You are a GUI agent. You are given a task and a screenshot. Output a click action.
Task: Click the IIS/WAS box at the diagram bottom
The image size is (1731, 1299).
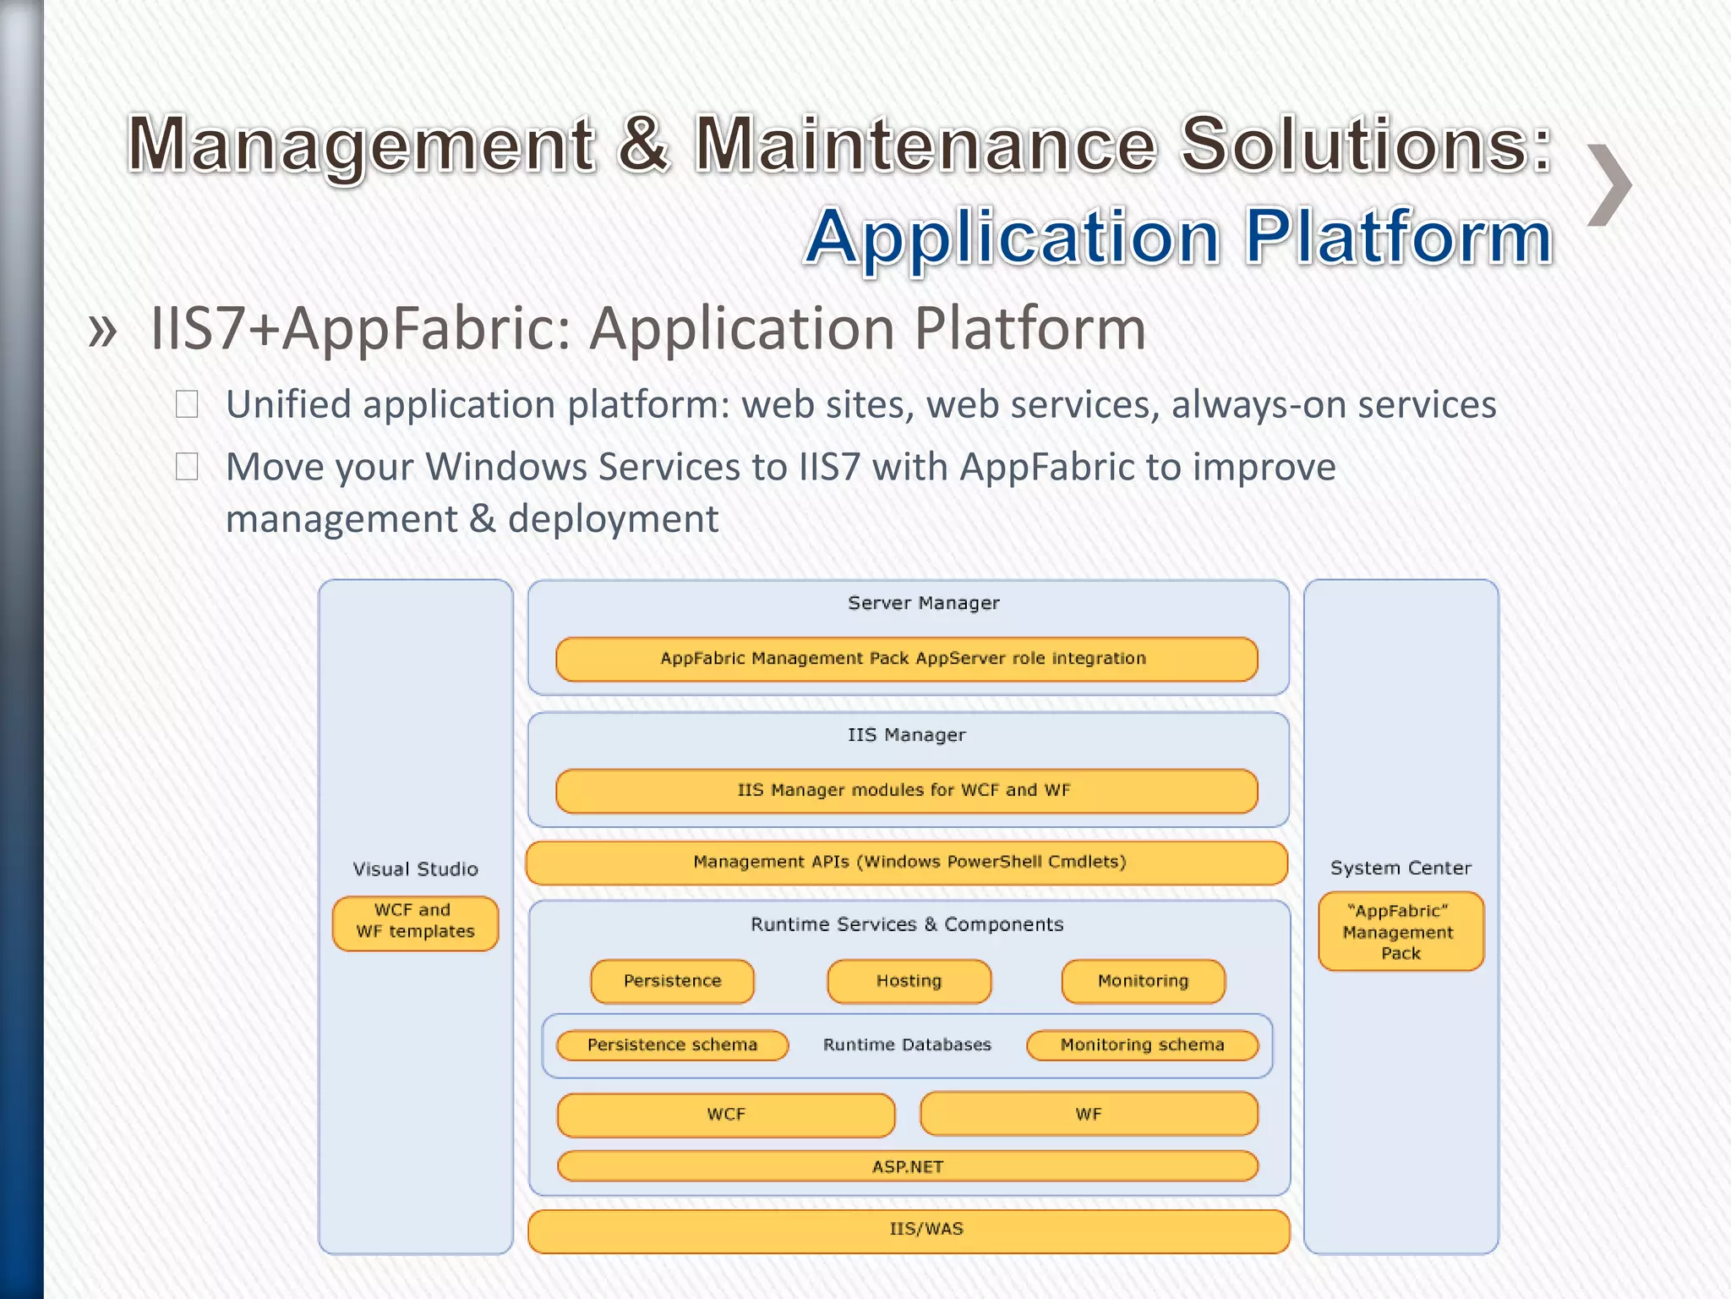click(909, 1230)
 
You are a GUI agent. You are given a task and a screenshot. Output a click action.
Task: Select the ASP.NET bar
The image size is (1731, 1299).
click(908, 1166)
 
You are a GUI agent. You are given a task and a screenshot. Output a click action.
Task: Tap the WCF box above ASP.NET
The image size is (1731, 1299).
click(726, 1114)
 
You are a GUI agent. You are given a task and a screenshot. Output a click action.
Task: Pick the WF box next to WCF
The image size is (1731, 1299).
click(1089, 1114)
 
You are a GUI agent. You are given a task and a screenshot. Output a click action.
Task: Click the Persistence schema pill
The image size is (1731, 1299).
click(672, 1045)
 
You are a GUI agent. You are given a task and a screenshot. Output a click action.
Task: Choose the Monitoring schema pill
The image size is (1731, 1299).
click(1142, 1045)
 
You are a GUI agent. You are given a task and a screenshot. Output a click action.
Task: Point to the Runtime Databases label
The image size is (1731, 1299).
click(907, 1045)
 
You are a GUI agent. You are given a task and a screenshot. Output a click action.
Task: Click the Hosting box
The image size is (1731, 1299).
click(909, 981)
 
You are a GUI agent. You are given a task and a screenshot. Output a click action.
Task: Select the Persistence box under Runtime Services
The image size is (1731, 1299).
click(672, 981)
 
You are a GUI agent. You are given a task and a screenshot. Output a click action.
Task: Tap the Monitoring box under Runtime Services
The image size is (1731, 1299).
click(1143, 981)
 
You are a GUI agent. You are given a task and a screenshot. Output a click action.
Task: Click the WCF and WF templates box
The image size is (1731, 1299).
click(415, 922)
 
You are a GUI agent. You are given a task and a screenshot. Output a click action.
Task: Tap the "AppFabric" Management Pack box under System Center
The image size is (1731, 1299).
click(1401, 931)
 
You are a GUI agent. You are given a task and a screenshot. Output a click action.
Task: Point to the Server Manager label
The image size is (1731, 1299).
click(923, 603)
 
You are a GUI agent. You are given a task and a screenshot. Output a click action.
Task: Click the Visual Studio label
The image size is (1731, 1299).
click(415, 869)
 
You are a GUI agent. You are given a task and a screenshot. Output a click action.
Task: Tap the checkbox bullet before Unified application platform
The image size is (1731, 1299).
click(187, 404)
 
